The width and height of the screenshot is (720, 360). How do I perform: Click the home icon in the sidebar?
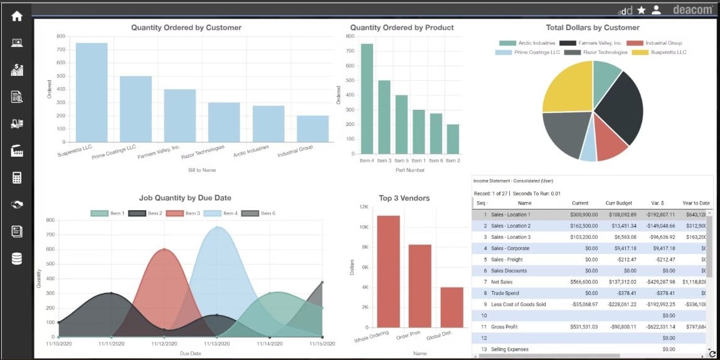17,16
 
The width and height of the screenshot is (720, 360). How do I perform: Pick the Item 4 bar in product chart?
367,98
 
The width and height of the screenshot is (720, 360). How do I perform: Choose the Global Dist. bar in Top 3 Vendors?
452,307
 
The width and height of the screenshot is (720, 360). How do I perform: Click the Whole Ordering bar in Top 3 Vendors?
388,271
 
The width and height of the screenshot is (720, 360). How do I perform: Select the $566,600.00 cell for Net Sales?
580,282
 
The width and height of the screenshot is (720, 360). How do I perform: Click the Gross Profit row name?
504,327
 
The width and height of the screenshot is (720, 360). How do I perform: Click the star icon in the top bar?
641,10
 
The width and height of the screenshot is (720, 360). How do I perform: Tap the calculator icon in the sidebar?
17,177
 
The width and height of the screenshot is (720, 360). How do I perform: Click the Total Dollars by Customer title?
593,28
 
